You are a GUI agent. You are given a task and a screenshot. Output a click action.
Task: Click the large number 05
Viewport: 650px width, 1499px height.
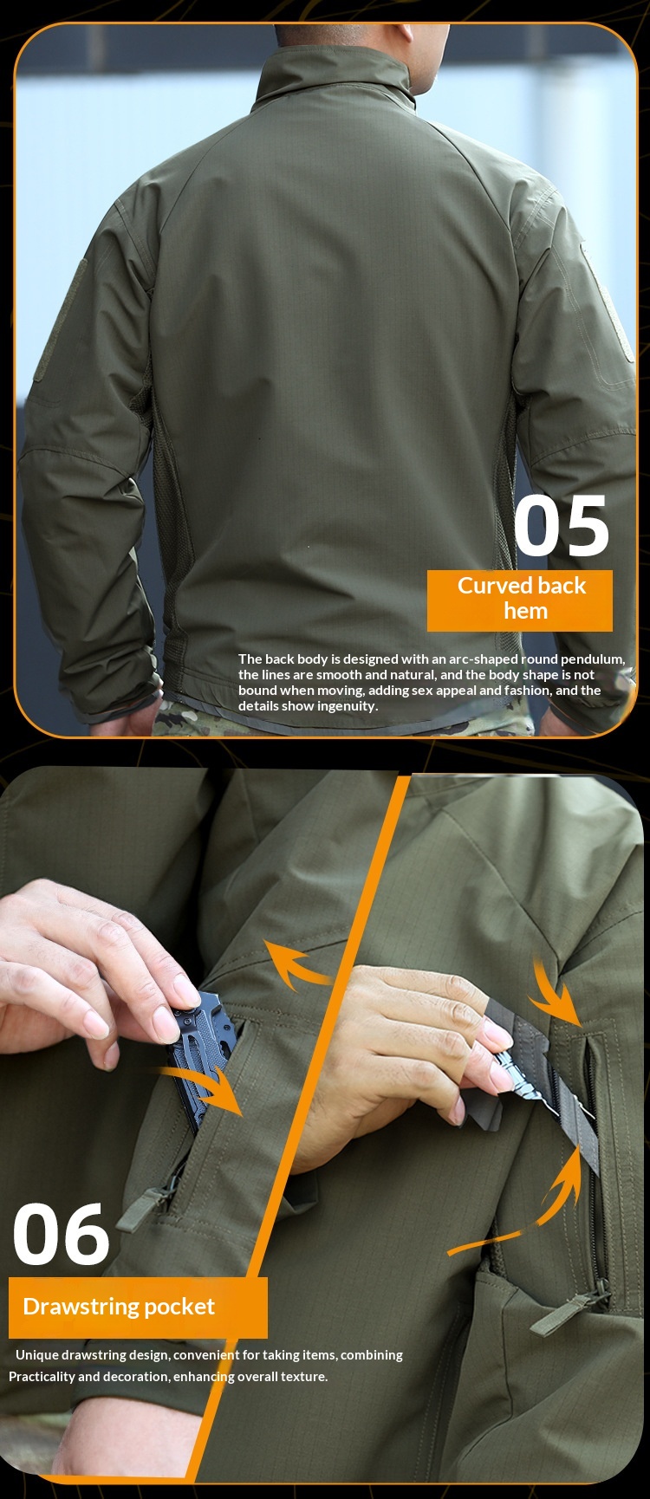pyautogui.click(x=562, y=527)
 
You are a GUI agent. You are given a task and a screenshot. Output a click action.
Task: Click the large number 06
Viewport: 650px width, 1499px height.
pyautogui.click(x=62, y=1235)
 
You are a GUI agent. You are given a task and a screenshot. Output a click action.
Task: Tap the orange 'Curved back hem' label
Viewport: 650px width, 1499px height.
pyautogui.click(x=520, y=599)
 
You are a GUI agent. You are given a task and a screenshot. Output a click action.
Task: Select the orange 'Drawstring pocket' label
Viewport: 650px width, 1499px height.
pyautogui.click(x=137, y=1307)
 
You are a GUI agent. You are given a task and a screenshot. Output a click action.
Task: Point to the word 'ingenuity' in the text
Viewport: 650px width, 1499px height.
pyautogui.click(x=347, y=706)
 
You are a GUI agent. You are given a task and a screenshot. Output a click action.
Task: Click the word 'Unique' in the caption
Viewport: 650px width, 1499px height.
pyautogui.click(x=36, y=1354)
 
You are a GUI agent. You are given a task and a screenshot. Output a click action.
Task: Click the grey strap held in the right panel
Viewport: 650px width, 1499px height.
pyautogui.click(x=555, y=1083)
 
